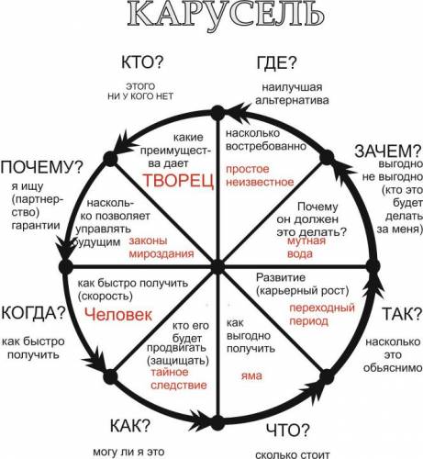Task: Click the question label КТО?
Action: click(142, 62)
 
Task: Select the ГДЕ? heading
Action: click(277, 62)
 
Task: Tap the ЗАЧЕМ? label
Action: click(388, 151)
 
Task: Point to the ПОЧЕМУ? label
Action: click(42, 166)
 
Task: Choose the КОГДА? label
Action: click(34, 312)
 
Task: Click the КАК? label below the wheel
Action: click(130, 425)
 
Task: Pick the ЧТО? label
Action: click(288, 430)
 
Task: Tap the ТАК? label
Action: click(402, 314)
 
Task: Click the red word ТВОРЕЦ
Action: click(178, 181)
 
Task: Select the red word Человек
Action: click(118, 315)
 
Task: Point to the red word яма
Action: click(251, 375)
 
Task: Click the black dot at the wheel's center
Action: click(217, 267)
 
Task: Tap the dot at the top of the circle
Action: click(217, 113)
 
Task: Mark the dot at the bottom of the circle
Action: click(217, 422)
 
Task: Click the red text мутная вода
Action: click(306, 247)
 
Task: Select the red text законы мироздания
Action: click(161, 247)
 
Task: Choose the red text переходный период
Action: click(322, 314)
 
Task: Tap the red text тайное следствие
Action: click(179, 378)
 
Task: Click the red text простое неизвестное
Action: click(260, 175)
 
